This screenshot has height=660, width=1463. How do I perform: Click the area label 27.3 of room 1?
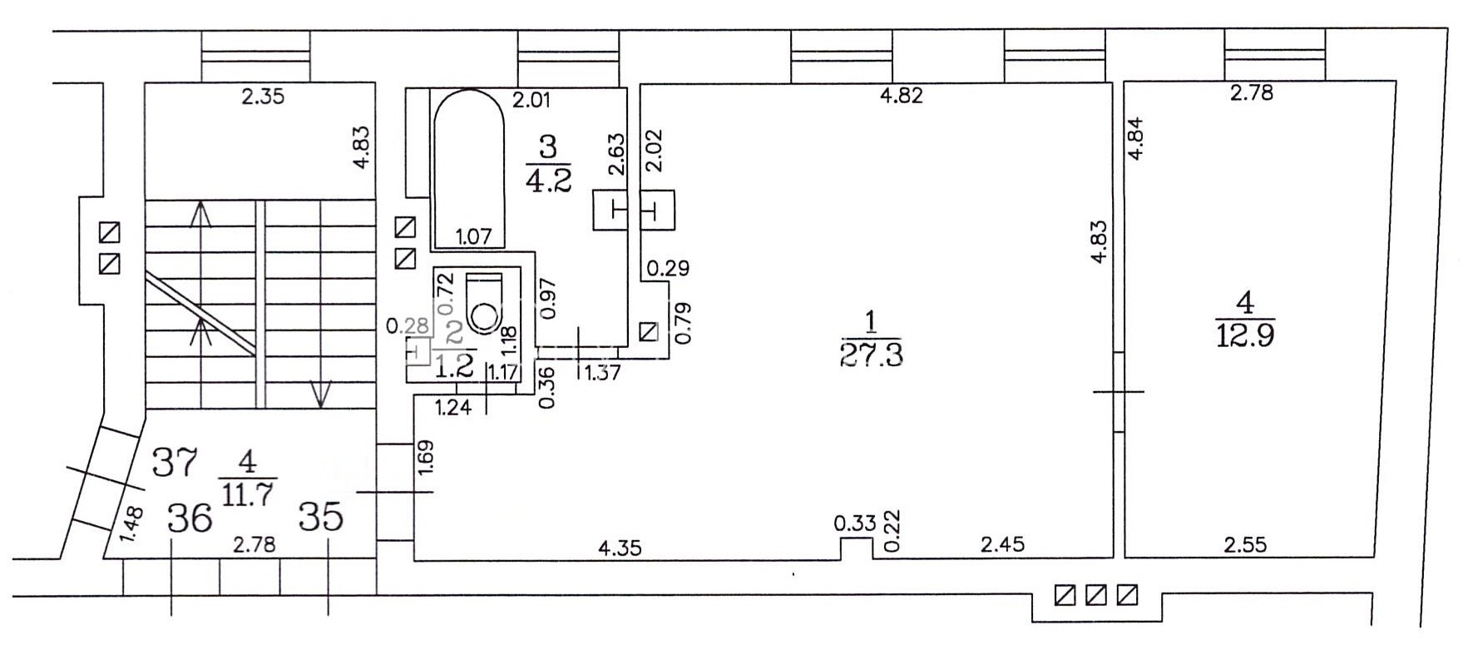pos(872,354)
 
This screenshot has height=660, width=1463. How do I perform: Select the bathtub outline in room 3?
pos(469,166)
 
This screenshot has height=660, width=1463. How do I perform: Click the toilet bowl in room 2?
pos(483,315)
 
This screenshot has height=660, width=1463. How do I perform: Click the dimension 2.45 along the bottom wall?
pos(1002,545)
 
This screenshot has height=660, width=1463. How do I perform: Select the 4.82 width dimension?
pos(902,95)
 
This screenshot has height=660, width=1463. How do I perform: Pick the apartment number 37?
pos(175,462)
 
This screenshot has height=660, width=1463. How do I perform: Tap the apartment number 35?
pos(320,518)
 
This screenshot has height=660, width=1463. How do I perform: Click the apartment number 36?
pos(190,519)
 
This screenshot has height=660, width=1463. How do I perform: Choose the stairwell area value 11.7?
pos(247,494)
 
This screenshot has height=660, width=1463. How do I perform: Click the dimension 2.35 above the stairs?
pos(263,97)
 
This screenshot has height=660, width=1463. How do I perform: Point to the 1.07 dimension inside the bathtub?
pos(474,236)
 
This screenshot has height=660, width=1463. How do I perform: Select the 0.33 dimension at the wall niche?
pos(855,524)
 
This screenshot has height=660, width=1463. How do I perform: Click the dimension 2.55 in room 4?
pos(1245,545)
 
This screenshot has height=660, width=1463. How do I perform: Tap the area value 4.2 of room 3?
pos(549,180)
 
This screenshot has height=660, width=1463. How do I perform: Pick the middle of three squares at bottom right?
pos(1096,596)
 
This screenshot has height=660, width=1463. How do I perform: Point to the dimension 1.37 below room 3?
pos(602,372)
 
